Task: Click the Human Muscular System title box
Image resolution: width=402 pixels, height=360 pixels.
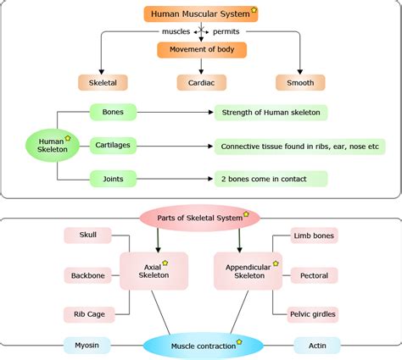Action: point(201,14)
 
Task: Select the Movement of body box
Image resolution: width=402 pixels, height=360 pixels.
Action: point(201,50)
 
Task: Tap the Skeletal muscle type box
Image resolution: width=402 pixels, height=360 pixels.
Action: point(103,83)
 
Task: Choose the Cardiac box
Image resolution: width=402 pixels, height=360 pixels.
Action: point(201,83)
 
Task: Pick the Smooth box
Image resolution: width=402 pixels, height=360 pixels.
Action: point(300,83)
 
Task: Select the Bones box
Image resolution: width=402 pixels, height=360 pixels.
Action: point(113,112)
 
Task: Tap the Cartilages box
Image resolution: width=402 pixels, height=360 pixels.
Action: point(113,145)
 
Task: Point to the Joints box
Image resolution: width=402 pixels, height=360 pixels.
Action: point(113,178)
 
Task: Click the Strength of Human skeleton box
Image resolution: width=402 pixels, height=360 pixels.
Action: point(270,112)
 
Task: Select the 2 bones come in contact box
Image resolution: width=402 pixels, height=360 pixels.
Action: point(270,179)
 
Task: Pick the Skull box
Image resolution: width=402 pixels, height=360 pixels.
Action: point(88,234)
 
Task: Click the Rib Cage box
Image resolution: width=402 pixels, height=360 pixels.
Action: point(88,314)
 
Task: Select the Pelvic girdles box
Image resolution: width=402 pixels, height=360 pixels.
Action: point(312,314)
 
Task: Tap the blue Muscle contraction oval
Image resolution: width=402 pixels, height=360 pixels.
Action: point(194,346)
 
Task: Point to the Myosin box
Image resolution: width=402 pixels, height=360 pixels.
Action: point(86,345)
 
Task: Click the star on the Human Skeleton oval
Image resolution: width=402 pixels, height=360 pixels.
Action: point(67,137)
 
